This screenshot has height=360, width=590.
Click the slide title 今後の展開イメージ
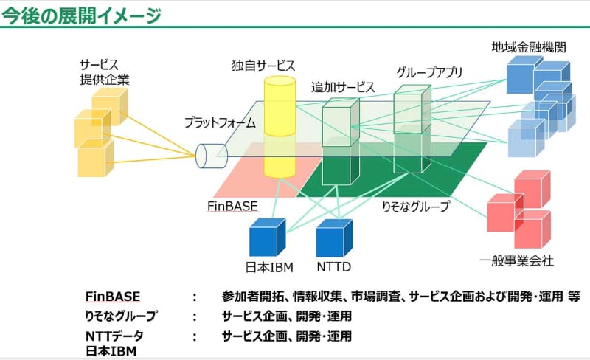tap(81, 15)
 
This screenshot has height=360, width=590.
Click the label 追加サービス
tap(343, 87)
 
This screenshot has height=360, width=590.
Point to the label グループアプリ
tap(429, 72)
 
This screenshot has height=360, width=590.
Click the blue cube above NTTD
tap(333, 238)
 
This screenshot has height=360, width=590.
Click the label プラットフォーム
tap(218, 122)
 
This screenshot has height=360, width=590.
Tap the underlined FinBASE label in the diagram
tap(232, 206)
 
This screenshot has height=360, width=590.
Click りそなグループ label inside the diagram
tap(414, 207)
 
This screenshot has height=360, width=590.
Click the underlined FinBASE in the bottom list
tap(113, 297)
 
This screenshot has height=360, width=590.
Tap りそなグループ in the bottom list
tap(121, 316)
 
